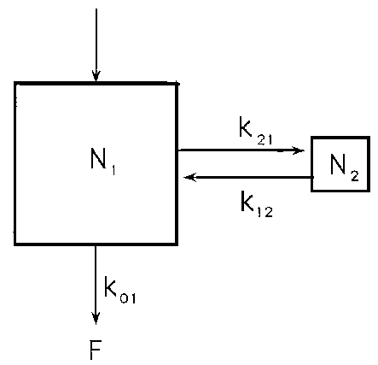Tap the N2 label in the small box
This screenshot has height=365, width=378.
point(345,168)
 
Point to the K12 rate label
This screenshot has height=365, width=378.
point(257,204)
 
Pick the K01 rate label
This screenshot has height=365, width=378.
point(120,290)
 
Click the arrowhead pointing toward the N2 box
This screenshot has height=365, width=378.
point(299,150)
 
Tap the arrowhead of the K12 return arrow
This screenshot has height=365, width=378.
point(190,177)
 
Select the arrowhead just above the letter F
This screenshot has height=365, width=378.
point(96,318)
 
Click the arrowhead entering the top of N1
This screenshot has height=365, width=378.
point(96,76)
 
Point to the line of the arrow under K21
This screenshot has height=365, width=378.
point(241,150)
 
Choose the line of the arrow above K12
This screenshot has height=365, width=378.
point(249,177)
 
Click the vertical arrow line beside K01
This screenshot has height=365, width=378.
point(96,285)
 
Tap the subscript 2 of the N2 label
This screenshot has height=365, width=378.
point(354,175)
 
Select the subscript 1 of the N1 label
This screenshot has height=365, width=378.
point(113,170)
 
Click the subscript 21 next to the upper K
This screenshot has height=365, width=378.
point(265,138)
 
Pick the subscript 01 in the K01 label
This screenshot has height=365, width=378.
point(128,297)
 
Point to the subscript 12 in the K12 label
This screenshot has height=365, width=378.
point(265,212)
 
